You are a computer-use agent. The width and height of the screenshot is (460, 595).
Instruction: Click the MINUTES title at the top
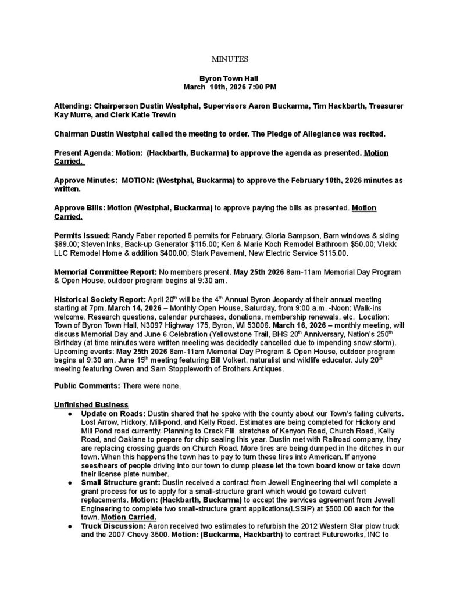point(230,59)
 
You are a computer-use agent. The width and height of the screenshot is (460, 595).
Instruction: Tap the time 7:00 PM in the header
point(262,87)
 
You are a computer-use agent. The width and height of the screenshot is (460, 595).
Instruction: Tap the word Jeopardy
point(279,299)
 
